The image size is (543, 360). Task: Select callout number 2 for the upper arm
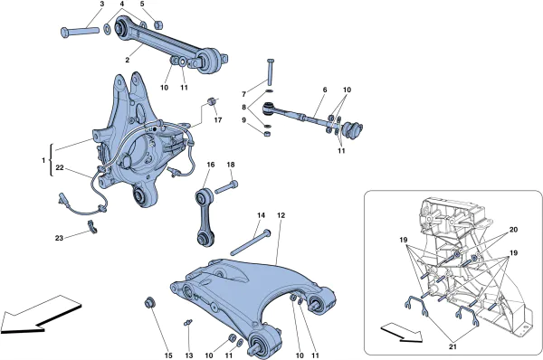[128, 60]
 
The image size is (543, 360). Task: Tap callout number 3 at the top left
[101, 5]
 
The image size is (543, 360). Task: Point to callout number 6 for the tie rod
[324, 90]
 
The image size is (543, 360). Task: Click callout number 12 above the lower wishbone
[281, 214]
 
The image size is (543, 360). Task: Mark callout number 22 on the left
[60, 168]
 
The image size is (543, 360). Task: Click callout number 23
[60, 239]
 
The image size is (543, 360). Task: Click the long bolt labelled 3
[81, 33]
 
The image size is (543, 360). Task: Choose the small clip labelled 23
[94, 227]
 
